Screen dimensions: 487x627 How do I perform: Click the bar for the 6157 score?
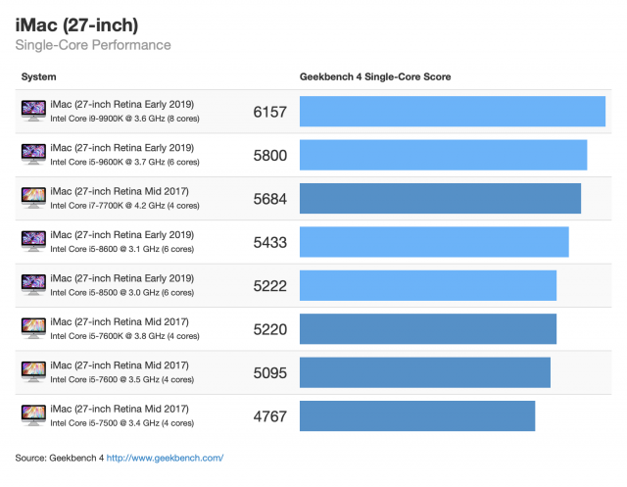pos(452,112)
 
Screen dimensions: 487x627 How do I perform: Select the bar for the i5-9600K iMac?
pos(443,155)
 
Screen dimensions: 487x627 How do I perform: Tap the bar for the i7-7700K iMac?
pos(440,198)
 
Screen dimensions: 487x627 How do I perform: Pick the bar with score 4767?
pos(416,415)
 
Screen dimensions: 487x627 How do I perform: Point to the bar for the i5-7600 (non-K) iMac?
pos(424,372)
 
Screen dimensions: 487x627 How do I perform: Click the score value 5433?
pos(269,242)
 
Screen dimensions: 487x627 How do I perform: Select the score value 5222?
pos(269,285)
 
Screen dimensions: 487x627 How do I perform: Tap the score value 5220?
pos(269,329)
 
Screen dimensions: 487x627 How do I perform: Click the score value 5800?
pos(269,155)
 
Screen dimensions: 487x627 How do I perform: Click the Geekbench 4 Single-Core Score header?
pos(374,76)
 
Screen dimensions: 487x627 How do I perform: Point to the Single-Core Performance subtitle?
pos(93,45)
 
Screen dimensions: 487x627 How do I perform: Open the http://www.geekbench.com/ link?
pos(165,458)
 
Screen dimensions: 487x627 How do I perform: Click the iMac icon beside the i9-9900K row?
pos(32,112)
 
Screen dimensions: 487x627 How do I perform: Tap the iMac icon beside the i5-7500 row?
pos(32,415)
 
